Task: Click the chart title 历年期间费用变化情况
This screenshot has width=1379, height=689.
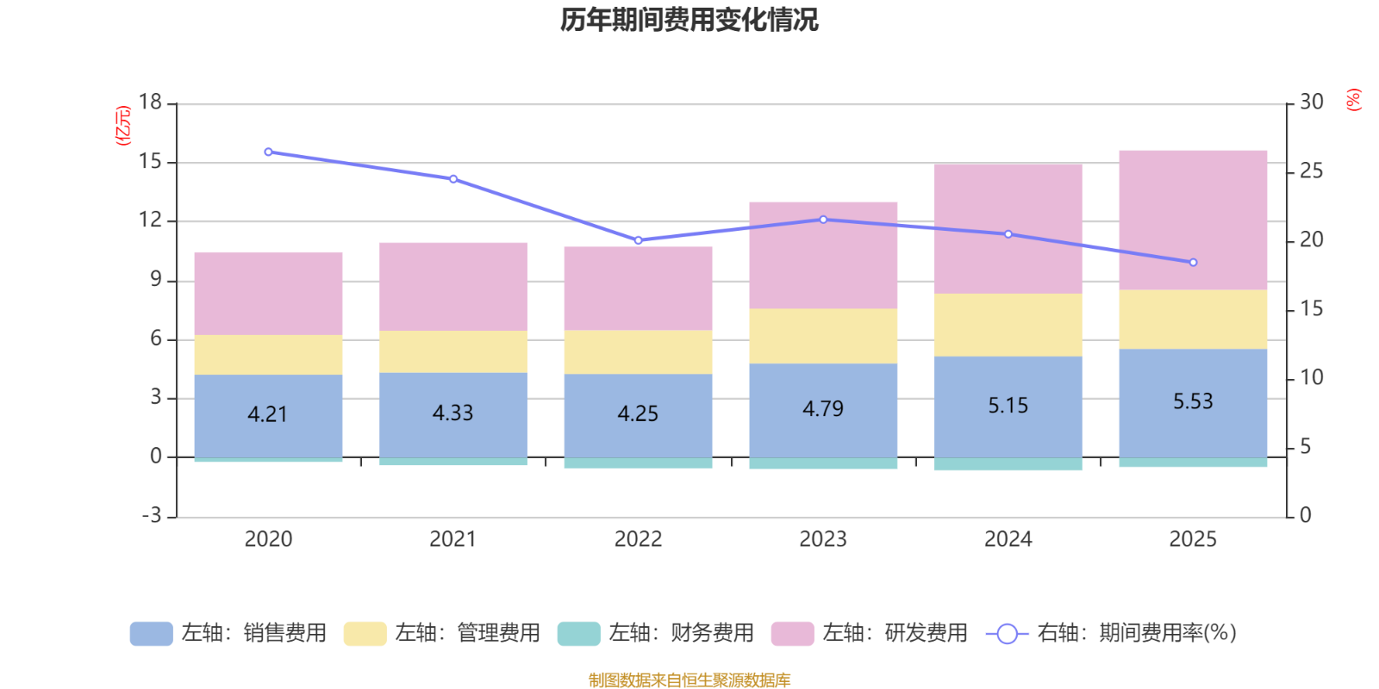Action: pyautogui.click(x=689, y=19)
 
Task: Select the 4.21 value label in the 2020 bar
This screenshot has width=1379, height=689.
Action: pyautogui.click(x=267, y=414)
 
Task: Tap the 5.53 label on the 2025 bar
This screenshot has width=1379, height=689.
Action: pyautogui.click(x=1193, y=401)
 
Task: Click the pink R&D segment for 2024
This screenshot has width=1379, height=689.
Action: pyautogui.click(x=1008, y=228)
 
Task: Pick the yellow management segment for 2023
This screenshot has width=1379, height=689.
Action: pyautogui.click(x=823, y=336)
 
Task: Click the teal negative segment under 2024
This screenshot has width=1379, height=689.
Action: pyautogui.click(x=1008, y=464)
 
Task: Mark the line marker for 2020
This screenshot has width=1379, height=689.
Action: pyautogui.click(x=268, y=152)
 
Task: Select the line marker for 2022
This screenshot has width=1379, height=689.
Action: pyautogui.click(x=639, y=240)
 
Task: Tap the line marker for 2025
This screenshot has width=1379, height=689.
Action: pyautogui.click(x=1193, y=263)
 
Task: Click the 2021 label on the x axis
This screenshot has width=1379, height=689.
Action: pyautogui.click(x=452, y=539)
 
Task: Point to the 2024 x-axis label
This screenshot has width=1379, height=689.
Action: pyautogui.click(x=1008, y=539)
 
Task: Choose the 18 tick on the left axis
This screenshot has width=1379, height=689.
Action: pyautogui.click(x=150, y=102)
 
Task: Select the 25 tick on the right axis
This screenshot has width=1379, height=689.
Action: pyautogui.click(x=1311, y=171)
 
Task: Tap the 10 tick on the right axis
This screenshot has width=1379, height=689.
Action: pyautogui.click(x=1311, y=378)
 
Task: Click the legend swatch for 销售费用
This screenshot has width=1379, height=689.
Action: pyautogui.click(x=151, y=633)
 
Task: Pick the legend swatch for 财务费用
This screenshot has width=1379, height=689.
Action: pyautogui.click(x=578, y=633)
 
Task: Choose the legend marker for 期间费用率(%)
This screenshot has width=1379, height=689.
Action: pyautogui.click(x=1007, y=633)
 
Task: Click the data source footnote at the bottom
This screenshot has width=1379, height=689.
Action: pyautogui.click(x=689, y=680)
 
